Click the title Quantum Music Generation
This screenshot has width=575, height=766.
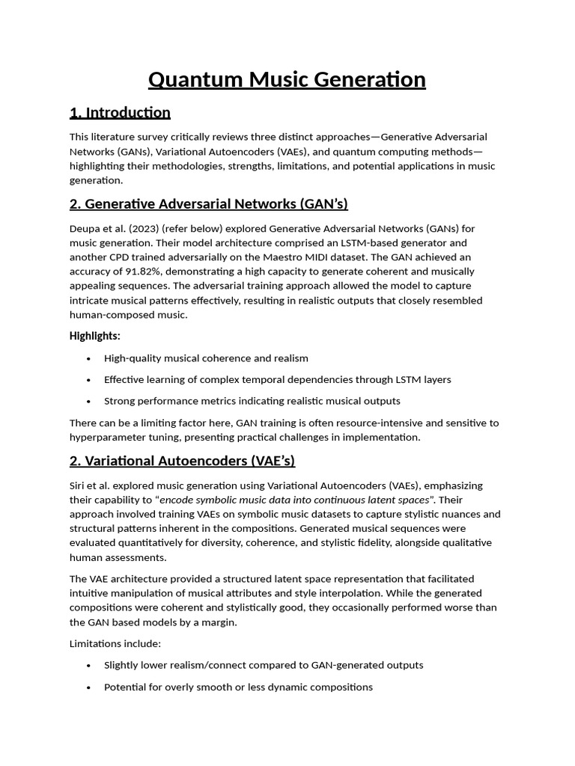pos(287,79)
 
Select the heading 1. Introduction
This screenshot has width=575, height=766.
pos(120,113)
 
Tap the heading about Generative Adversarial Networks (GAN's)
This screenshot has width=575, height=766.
pos(209,204)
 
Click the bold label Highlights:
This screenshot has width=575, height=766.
pos(95,336)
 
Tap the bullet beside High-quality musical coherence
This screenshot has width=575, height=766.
pos(89,358)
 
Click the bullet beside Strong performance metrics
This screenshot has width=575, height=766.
pos(89,401)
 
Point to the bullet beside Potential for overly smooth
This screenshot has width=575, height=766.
pos(89,687)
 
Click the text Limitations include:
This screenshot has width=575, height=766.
pos(115,643)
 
